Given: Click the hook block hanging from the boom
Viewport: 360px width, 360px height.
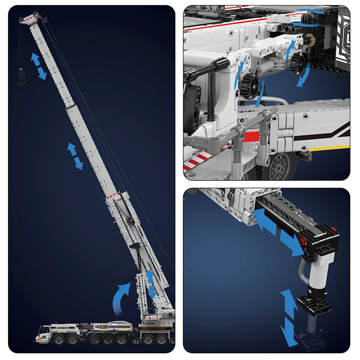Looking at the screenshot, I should [x=20, y=76].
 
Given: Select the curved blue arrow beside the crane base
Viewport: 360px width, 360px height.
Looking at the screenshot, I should [x=121, y=297].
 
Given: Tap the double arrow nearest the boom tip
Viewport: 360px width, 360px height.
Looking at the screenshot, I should [x=38, y=66].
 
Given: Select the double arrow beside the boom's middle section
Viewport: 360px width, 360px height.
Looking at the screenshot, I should [x=75, y=156].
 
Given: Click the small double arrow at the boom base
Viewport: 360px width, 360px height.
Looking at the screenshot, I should [x=152, y=284].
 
